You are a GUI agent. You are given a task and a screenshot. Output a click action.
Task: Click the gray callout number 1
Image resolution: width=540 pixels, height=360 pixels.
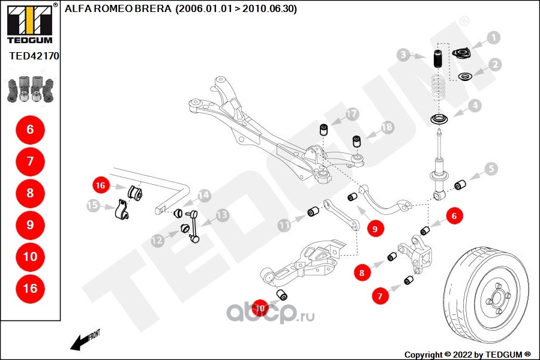(493, 38)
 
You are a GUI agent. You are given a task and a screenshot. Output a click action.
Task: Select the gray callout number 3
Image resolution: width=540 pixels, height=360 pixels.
(404, 55)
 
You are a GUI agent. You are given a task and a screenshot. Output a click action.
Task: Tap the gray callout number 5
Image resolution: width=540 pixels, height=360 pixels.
(491, 169)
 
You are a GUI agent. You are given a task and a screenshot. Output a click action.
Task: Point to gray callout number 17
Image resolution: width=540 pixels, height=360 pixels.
(352, 113)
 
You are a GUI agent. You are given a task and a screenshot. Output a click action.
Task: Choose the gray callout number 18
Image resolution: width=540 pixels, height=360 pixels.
(387, 127)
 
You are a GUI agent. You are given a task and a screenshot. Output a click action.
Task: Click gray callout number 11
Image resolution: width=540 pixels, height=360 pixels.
(284, 225)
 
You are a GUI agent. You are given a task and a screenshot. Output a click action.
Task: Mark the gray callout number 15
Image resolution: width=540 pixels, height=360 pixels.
(93, 206)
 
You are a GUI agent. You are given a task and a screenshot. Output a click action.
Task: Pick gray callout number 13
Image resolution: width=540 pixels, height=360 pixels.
(222, 214)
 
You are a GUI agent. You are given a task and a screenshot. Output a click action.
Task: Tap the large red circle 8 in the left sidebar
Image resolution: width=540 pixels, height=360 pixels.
(30, 193)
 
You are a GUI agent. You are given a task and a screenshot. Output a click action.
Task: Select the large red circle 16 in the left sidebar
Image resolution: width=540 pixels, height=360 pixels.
(30, 289)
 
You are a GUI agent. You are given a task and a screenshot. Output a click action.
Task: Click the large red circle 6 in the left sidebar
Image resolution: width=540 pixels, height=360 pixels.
(30, 129)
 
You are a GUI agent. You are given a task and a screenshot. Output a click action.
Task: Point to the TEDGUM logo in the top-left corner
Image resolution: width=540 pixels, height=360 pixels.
(29, 24)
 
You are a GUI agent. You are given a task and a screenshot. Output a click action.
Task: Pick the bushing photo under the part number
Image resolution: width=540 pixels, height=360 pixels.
(30, 88)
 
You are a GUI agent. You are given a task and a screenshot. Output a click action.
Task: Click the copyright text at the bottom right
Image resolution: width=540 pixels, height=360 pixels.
(467, 354)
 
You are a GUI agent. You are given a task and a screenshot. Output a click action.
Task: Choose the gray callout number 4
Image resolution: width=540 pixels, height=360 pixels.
(475, 106)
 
